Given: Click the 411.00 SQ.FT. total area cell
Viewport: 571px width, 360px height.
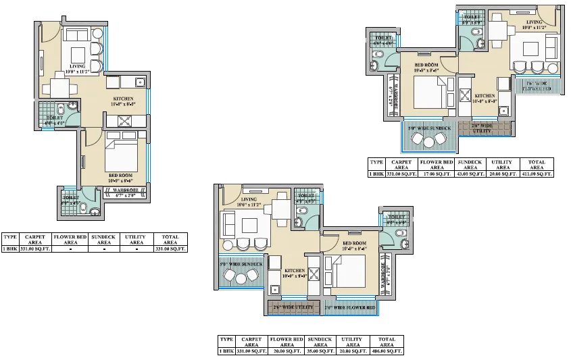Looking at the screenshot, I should pos(537,174).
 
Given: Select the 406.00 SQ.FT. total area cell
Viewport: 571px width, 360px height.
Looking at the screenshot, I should pos(388,351).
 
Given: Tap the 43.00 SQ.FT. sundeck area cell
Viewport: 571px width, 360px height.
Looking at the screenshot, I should pos(470,174).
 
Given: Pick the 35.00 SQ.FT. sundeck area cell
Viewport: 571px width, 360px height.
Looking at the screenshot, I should pos(321,351).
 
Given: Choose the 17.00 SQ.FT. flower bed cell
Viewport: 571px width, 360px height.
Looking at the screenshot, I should pos(437,174).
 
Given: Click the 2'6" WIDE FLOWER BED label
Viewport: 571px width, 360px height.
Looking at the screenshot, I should pos(349,307).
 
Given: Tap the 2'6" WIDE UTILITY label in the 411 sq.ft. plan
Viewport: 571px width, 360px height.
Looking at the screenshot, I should pos(481,126).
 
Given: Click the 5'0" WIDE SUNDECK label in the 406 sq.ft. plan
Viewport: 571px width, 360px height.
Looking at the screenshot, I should pos(241,264).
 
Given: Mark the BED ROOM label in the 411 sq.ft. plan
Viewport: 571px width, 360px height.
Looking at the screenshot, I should pos(426,66).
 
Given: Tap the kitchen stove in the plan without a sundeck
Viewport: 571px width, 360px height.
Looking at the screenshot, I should pos(126,122).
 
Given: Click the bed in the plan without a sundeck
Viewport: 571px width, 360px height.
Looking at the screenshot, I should pos(122,157).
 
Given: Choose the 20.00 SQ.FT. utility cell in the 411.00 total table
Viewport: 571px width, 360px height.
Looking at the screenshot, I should pos(503,174).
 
